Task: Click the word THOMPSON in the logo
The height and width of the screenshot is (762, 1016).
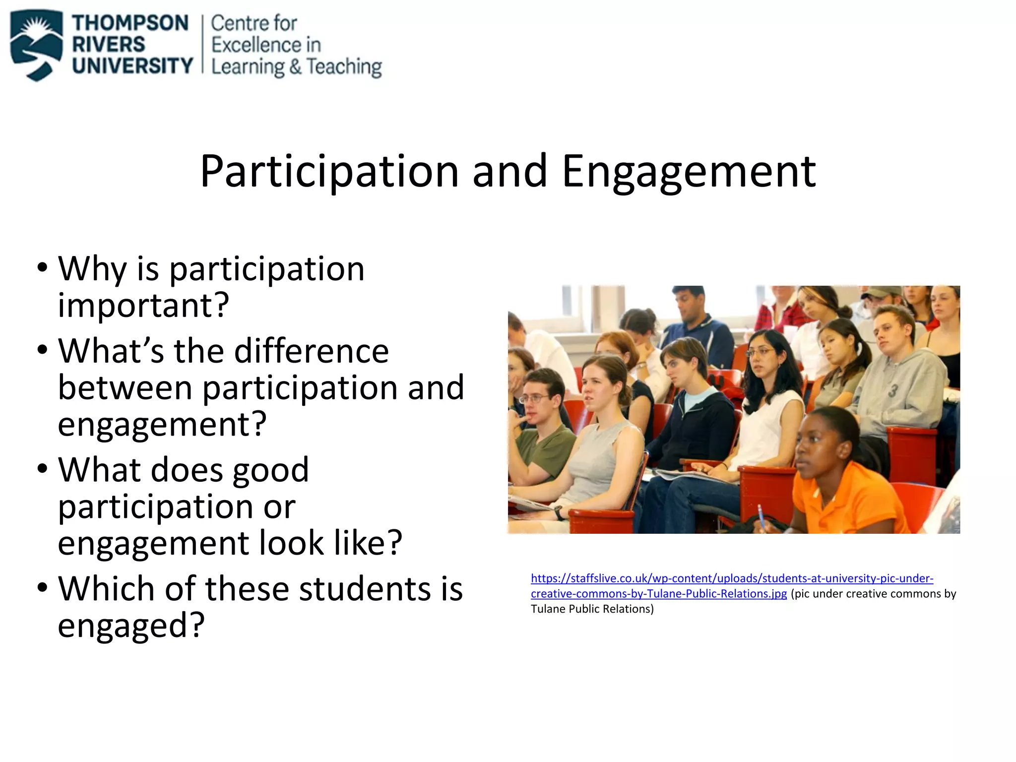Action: point(130,23)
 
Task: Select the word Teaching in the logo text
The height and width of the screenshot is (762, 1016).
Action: point(344,67)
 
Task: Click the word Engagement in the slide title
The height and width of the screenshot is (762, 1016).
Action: point(689,172)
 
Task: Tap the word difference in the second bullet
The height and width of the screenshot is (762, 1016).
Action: point(311,351)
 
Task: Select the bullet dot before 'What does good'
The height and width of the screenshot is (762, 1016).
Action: point(43,468)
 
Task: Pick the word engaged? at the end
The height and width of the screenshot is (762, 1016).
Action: point(131,626)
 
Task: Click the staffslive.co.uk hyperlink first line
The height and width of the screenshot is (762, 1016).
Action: point(732,578)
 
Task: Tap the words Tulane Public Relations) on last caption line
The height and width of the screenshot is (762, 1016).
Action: point(592,609)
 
